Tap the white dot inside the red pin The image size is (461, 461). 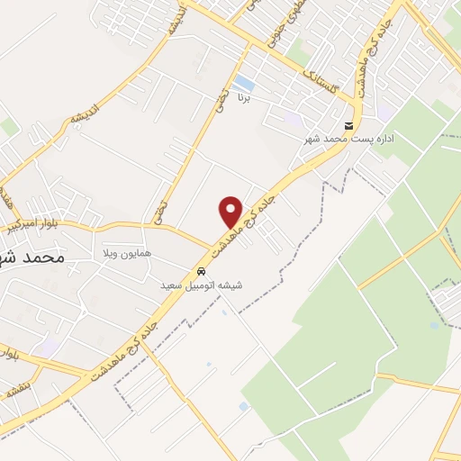[x=231, y=206]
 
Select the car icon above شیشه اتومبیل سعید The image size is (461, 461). [x=203, y=270]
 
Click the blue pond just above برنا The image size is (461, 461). [x=241, y=86]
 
